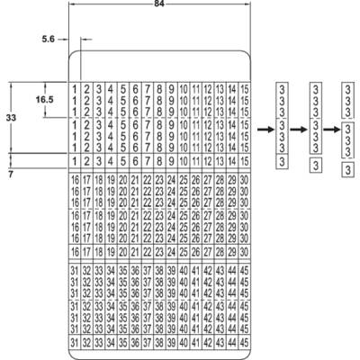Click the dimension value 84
(x=159, y=4)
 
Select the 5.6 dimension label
(x=49, y=39)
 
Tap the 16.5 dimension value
(x=45, y=100)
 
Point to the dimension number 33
(x=11, y=118)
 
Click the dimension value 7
(x=11, y=175)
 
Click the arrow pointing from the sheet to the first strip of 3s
(x=265, y=130)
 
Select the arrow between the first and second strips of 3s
(x=299, y=130)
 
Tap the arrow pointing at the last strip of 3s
(x=332, y=130)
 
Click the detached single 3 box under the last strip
(x=347, y=170)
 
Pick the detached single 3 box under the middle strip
(x=316, y=166)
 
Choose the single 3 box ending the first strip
(x=282, y=162)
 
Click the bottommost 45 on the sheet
(x=245, y=343)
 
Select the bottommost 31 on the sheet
(x=75, y=343)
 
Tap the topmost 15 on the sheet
(x=245, y=89)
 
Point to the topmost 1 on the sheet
(x=75, y=89)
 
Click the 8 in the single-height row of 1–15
(x=159, y=161)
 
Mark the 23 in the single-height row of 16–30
(x=159, y=252)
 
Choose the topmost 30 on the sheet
(x=245, y=180)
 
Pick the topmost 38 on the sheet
(x=159, y=271)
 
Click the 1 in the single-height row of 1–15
(x=75, y=161)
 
